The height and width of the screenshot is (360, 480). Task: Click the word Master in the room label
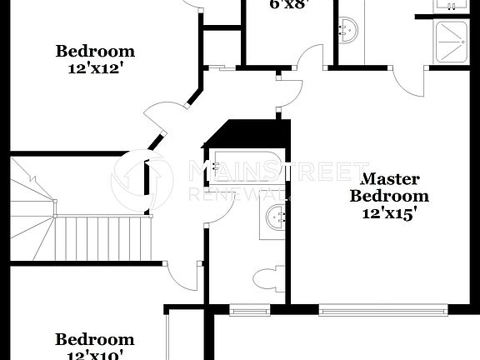tap(389, 178)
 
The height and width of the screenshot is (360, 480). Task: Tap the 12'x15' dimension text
tap(389, 213)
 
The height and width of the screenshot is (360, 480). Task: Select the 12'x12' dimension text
tap(95, 69)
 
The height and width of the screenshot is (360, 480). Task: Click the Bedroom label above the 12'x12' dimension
tap(95, 52)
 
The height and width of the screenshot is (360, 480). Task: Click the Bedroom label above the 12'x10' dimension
tap(94, 339)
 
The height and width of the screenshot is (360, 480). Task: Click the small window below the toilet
tap(250, 312)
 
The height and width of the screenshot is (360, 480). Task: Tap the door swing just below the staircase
tap(178, 275)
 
